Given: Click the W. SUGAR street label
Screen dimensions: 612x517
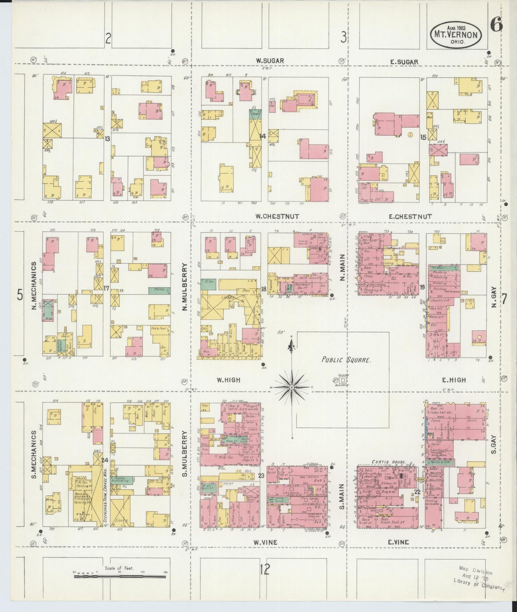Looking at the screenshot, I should click(270, 61).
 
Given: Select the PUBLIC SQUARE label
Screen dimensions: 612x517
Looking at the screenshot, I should click(346, 360).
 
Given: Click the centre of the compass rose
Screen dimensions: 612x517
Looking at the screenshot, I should click(292, 387).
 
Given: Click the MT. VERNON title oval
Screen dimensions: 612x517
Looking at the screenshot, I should click(455, 35).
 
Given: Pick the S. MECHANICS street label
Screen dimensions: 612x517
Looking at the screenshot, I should click(34, 455).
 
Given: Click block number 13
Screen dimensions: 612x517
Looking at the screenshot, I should click(107, 139).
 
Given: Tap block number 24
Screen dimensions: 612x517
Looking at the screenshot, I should click(104, 460).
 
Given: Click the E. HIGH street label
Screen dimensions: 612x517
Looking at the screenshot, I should click(454, 380).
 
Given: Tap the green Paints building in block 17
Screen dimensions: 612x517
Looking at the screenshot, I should click(159, 290).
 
